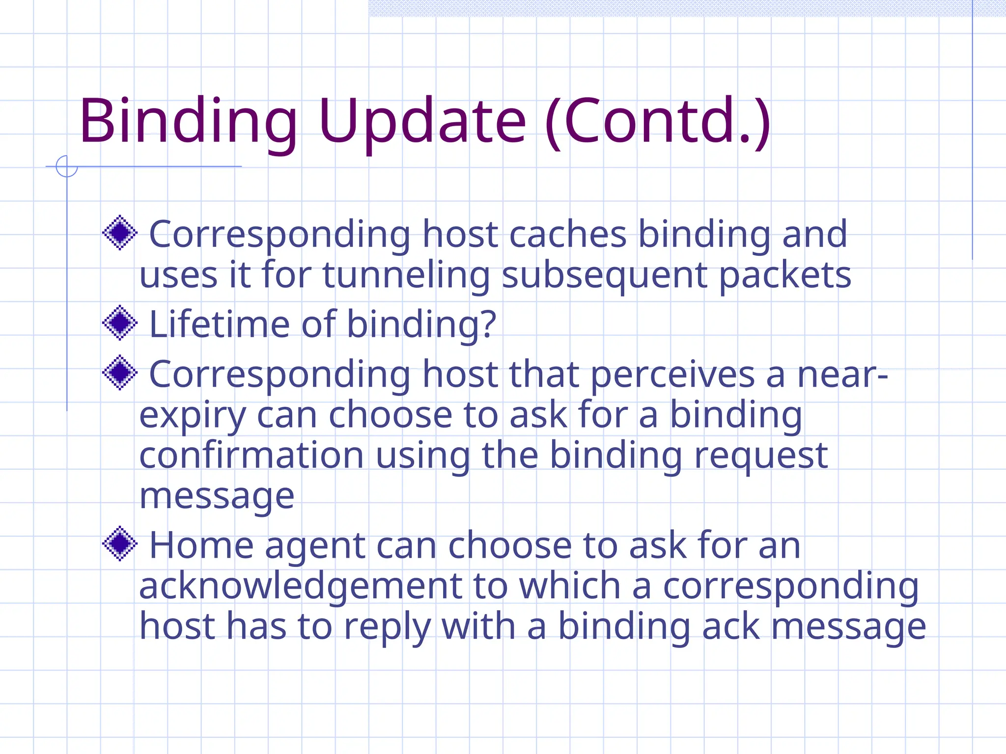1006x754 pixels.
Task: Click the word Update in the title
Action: pyautogui.click(x=422, y=121)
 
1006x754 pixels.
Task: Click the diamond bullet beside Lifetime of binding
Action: pyautogui.click(x=119, y=323)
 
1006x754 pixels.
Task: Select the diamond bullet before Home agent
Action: pyautogui.click(x=119, y=543)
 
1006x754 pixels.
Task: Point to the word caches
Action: pyautogui.click(x=568, y=234)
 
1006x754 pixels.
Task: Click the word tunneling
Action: pyautogui.click(x=406, y=275)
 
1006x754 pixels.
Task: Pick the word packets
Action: pyautogui.click(x=785, y=275)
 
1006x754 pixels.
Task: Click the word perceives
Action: pyautogui.click(x=672, y=375)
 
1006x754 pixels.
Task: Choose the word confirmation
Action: pyautogui.click(x=251, y=456)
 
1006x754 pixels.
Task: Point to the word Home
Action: pyautogui.click(x=201, y=545)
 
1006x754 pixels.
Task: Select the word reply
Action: pyautogui.click(x=387, y=627)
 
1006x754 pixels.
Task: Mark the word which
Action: pyautogui.click(x=570, y=586)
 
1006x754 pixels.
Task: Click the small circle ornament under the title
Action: pyautogui.click(x=67, y=166)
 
